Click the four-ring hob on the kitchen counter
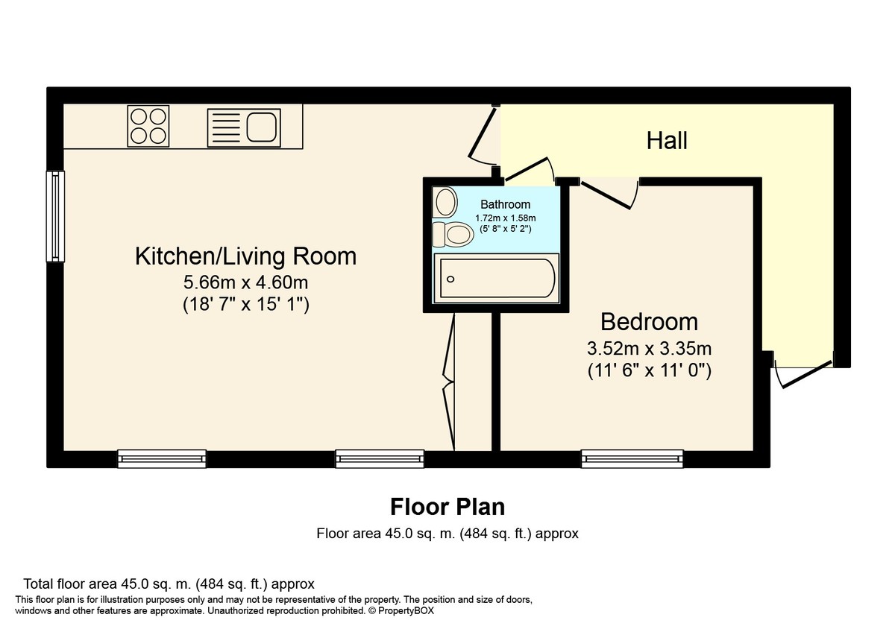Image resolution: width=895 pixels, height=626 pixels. (x=148, y=126)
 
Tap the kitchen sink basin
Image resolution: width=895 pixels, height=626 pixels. (x=262, y=127)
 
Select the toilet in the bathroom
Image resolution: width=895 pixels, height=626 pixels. (x=453, y=234)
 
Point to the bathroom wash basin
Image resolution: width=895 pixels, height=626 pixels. (x=445, y=202)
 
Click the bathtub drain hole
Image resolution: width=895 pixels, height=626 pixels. (x=450, y=279)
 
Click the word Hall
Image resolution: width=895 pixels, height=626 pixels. (x=667, y=141)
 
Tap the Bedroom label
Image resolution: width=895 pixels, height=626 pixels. (x=650, y=322)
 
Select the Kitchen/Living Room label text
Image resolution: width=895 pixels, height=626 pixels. (x=245, y=256)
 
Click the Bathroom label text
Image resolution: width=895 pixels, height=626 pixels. (x=506, y=204)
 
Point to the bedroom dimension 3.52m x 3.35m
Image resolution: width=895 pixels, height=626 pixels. (x=650, y=349)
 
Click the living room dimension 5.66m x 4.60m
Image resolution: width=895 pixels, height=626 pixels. (x=245, y=282)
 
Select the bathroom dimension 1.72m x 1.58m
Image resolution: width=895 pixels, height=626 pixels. (x=506, y=218)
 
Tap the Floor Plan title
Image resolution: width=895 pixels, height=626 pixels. (x=447, y=507)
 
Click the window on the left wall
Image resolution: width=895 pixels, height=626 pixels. (x=55, y=216)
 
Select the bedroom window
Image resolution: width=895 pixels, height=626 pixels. (x=632, y=459)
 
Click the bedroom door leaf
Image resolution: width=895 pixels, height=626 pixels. (x=606, y=195)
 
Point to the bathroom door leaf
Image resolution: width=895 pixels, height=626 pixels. (x=527, y=168)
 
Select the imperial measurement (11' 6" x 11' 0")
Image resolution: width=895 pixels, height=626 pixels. (x=650, y=371)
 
